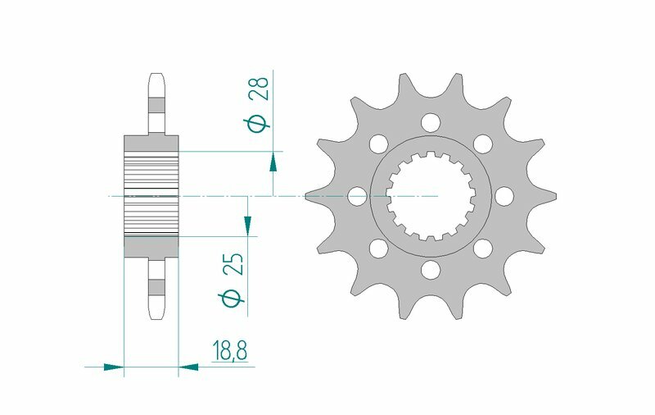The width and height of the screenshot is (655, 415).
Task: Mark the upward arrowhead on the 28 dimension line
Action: tap(273, 162)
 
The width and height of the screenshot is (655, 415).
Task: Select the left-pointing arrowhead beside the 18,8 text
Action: tap(189, 367)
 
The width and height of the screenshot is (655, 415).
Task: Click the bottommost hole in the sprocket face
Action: tap(430, 270)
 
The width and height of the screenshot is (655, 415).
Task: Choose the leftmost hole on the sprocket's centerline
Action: tap(357, 197)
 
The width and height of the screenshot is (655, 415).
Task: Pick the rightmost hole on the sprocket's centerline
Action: tap(504, 197)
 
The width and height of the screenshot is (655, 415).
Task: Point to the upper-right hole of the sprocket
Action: tap(482, 144)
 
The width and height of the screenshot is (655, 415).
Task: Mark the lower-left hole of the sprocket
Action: tap(378, 249)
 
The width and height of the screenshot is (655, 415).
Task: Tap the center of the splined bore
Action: tap(430, 197)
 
